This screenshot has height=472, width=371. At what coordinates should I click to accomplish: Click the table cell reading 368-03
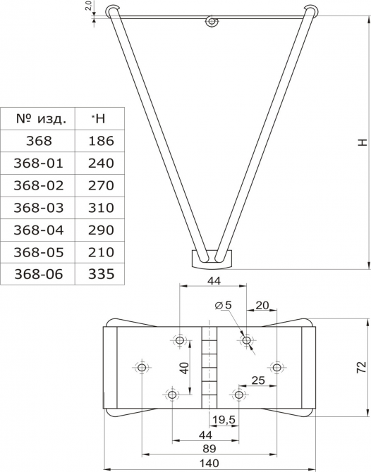pyautogui.click(x=39, y=208)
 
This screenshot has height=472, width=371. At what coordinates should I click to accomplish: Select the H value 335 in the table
pyautogui.click(x=102, y=274)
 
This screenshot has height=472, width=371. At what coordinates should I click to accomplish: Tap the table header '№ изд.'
pyautogui.click(x=41, y=119)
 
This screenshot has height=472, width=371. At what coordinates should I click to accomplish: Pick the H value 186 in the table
pyautogui.click(x=102, y=141)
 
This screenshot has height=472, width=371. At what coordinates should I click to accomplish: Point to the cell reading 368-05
pyautogui.click(x=39, y=252)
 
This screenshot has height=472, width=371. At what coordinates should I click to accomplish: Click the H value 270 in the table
pyautogui.click(x=102, y=185)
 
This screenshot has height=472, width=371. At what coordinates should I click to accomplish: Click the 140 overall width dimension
pyautogui.click(x=209, y=463)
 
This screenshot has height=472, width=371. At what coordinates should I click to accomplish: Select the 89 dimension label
pyautogui.click(x=209, y=449)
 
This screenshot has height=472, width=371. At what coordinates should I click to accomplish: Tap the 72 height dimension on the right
pyautogui.click(x=361, y=367)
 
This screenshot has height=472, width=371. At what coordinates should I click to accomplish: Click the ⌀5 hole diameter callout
pyautogui.click(x=224, y=305)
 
